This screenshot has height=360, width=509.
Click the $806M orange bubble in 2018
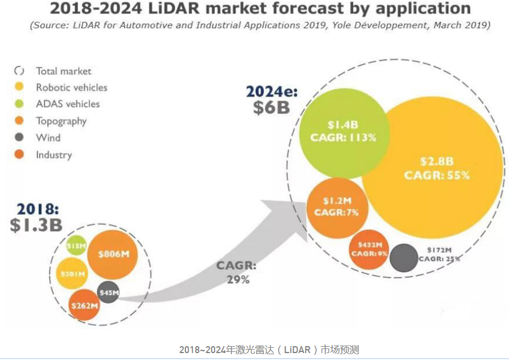113,254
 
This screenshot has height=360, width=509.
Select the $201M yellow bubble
73,274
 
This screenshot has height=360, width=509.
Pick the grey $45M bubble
108,293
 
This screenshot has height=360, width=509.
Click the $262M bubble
84,305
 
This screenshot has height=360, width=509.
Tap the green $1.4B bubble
343,131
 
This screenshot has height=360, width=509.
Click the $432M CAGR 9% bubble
369,249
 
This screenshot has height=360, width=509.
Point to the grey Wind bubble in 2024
404,257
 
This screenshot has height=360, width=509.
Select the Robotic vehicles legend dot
19,88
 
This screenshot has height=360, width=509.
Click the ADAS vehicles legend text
67,104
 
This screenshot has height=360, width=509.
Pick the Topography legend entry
61,121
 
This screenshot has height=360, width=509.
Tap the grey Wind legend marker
19,138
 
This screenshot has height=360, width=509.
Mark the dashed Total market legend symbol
19,71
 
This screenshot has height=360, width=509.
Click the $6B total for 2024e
271,107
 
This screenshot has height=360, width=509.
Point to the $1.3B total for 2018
36,225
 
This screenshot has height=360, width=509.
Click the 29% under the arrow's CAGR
237,279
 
